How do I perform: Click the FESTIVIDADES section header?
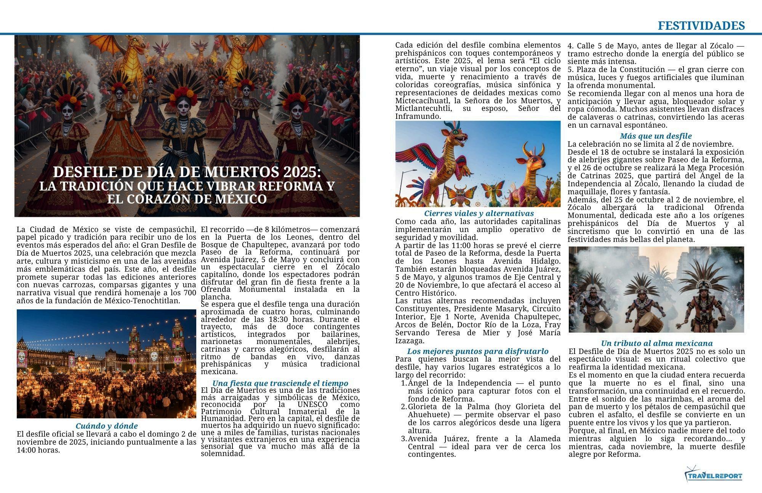[701, 26]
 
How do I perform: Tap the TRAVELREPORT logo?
[713, 476]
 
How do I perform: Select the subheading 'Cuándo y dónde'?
[107, 426]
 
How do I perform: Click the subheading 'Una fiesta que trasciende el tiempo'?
[280, 383]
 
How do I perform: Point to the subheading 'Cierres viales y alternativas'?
[479, 213]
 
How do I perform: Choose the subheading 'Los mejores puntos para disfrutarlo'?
[478, 351]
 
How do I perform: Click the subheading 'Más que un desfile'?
[655, 136]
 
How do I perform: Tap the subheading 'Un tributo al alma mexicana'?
[656, 343]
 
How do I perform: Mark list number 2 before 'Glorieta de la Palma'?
[403, 407]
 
